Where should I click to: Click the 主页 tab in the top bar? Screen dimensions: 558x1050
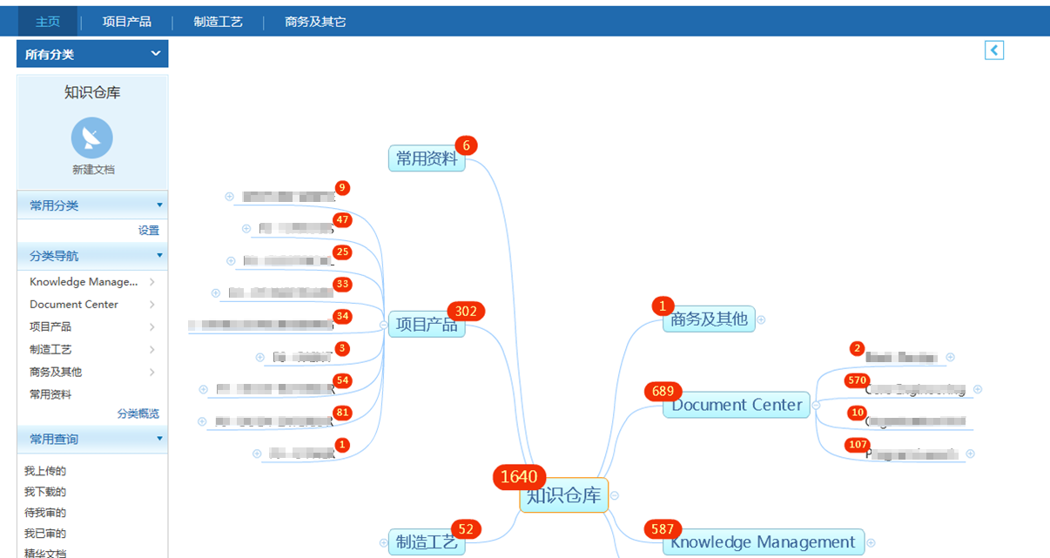coord(48,22)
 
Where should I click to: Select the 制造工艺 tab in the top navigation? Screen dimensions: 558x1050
coord(218,22)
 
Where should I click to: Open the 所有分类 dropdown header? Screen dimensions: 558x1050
coord(92,54)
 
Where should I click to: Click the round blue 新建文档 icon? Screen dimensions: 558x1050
coord(92,138)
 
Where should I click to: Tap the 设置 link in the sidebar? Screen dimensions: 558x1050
coord(148,231)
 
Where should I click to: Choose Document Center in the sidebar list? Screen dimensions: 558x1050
coord(74,305)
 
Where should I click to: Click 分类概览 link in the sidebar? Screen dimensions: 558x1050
coord(138,414)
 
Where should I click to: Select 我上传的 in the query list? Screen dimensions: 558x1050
coord(45,471)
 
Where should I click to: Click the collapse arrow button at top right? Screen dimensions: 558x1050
coord(994,50)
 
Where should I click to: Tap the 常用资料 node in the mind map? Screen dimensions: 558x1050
coord(427,158)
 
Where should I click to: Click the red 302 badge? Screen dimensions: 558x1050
coord(466,311)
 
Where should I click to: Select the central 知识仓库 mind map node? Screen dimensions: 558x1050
coord(564,495)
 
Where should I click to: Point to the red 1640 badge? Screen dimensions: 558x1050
coord(519,476)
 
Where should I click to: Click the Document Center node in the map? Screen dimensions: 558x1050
coord(737,405)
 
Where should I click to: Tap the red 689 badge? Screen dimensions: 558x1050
coord(663,392)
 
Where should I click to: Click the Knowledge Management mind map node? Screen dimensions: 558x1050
coord(763,542)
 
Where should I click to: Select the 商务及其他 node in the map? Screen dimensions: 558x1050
coord(709,319)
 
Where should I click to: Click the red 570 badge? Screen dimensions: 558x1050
coord(858,380)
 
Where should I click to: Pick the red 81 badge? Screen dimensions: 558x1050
coord(342,413)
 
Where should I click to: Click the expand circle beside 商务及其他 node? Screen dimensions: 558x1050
coord(761,319)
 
